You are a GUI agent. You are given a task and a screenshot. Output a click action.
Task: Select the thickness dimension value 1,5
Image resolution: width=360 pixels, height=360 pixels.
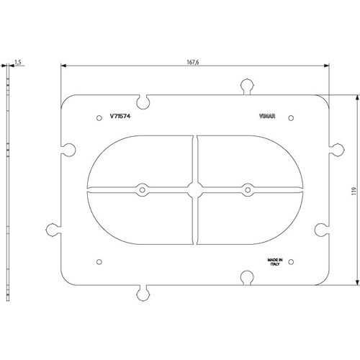(x=19, y=64)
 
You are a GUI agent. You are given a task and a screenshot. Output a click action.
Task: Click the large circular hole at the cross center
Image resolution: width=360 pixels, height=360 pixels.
(x=194, y=189)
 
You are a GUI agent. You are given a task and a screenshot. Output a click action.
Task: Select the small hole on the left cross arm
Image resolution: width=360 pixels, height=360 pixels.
(x=143, y=190)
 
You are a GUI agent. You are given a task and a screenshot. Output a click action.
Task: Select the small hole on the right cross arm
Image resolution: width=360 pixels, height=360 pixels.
(x=247, y=190)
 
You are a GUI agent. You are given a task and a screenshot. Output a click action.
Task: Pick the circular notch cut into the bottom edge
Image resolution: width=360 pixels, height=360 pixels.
(x=246, y=276)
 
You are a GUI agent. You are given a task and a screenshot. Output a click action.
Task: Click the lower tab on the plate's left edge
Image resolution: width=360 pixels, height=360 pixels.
(x=53, y=230)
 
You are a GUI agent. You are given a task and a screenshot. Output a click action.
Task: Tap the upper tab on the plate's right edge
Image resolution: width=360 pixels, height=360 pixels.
(x=336, y=150)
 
